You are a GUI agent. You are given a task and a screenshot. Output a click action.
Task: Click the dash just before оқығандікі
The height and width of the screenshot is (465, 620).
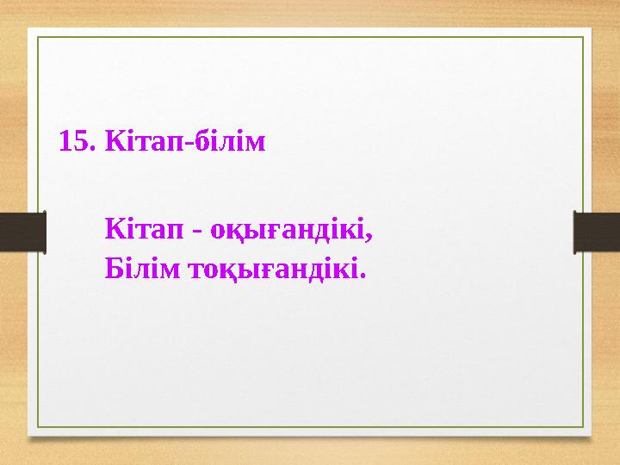198,232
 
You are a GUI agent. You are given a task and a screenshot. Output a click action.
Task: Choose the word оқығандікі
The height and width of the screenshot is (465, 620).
289,231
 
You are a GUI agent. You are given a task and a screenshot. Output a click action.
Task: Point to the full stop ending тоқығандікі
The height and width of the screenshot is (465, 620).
363,277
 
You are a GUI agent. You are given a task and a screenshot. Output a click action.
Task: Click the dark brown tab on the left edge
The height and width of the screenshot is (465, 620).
22,232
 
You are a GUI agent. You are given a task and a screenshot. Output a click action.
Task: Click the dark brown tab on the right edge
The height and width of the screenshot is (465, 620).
597,232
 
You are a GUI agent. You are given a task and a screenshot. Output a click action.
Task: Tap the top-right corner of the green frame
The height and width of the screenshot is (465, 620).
583,37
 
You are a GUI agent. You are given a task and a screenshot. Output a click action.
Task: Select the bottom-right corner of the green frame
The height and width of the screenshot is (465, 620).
583,428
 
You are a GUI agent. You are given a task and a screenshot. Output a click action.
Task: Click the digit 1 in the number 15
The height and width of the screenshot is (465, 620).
65,140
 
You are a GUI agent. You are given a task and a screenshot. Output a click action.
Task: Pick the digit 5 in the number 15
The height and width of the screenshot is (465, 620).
81,140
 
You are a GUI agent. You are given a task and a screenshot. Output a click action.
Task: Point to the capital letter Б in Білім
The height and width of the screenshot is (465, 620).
113,270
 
